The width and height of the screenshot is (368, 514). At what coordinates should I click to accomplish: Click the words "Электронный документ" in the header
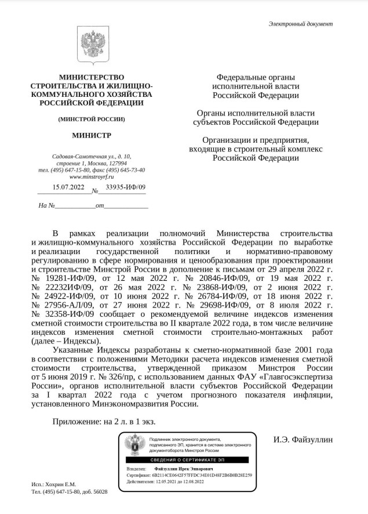coord(301,24)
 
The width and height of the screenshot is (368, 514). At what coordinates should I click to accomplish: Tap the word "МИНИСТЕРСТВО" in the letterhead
coord(92,77)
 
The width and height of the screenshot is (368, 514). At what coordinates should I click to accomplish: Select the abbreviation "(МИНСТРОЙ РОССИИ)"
coord(92,119)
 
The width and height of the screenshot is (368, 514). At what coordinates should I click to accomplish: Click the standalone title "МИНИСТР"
coord(92,136)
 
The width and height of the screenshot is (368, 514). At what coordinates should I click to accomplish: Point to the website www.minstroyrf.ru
coord(92,176)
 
